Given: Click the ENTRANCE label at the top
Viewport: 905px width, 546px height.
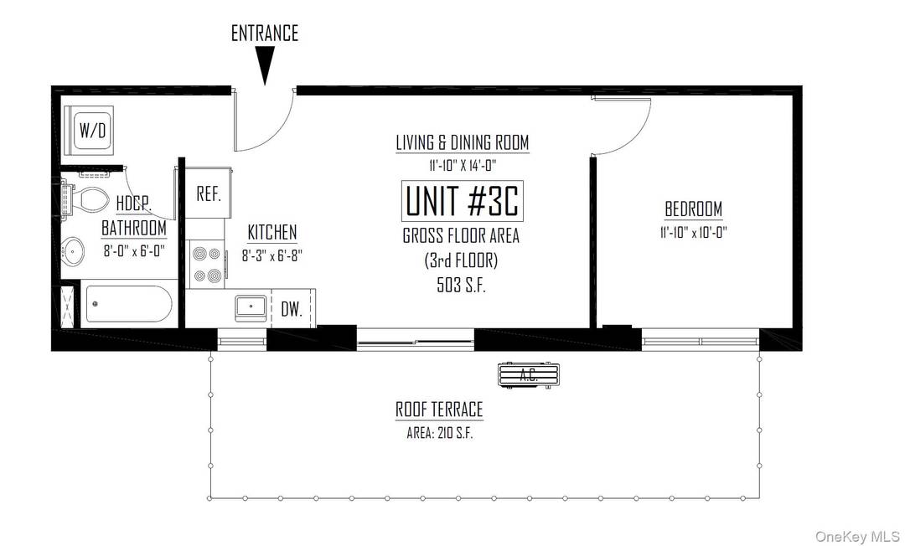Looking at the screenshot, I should pos(264,33).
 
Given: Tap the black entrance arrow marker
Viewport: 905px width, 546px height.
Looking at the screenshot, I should pos(265,64).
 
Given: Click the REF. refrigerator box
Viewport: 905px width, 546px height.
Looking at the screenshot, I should pos(208,193).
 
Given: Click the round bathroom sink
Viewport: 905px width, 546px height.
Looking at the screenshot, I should pos(74,250).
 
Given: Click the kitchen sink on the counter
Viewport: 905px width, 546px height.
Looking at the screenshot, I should pos(251,307).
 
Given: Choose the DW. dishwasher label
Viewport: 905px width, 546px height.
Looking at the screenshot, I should pos(291,309).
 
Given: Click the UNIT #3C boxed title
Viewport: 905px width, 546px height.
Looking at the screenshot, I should pos(463,201).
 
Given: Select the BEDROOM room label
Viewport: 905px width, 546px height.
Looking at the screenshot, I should pos(693,209).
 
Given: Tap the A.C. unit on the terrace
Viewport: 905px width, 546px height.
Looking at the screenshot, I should pos(528,376).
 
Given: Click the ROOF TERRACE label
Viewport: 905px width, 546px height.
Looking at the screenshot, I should pos(439,409).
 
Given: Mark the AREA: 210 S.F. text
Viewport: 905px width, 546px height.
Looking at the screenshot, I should pos(439,433).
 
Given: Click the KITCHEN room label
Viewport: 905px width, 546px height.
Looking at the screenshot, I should pos(271,233).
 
